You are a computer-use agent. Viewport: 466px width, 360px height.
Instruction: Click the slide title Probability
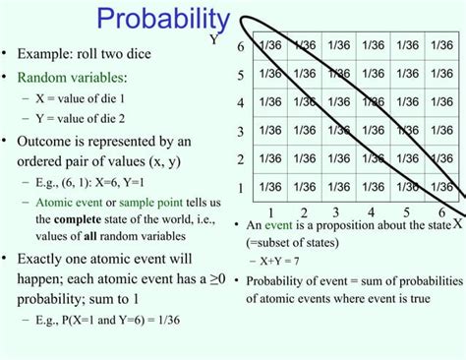click(163, 20)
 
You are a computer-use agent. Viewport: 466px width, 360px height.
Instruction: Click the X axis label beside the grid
click(457, 223)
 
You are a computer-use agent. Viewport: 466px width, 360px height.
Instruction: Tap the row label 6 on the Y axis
click(240, 47)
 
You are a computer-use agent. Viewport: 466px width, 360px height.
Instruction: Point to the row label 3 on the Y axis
click(240, 131)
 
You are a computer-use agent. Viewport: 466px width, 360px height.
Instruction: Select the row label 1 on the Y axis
click(240, 187)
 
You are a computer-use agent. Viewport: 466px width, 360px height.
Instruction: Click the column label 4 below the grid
click(372, 212)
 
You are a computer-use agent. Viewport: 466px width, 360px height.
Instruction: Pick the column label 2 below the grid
click(304, 212)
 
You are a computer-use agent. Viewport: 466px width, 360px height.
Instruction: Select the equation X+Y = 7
click(286, 261)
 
